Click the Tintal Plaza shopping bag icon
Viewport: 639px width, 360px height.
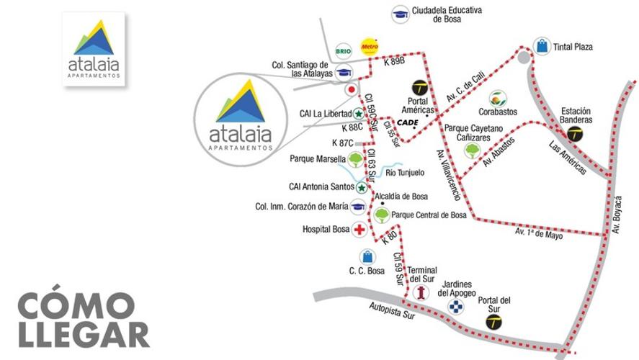coord(542,47)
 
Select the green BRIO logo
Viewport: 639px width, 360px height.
coord(344,50)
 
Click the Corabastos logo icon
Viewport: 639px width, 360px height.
coord(497,98)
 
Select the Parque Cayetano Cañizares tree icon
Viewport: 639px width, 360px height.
coord(472,150)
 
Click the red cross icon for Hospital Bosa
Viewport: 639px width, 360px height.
coord(358,230)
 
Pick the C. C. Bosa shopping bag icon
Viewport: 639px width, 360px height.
coord(367,256)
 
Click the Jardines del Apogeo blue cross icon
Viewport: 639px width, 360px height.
coord(455,307)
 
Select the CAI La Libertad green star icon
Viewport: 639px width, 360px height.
coord(358,114)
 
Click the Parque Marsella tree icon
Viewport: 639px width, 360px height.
coord(354,158)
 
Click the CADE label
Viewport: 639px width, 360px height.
coord(407,122)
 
